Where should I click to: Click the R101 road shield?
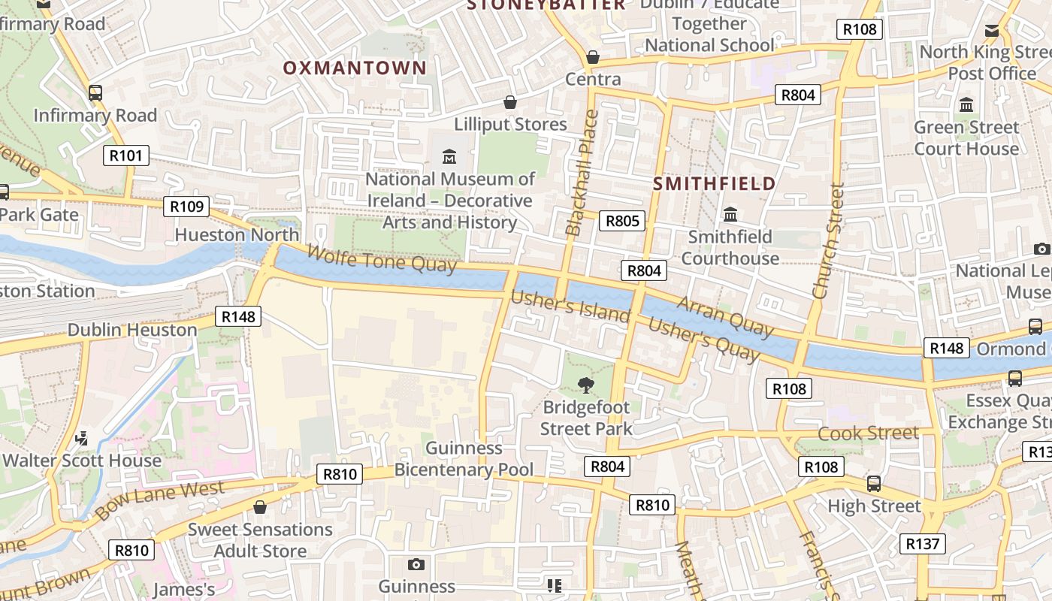(125, 156)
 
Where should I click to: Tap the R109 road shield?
(186, 207)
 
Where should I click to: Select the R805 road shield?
(622, 220)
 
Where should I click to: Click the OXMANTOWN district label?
(355, 68)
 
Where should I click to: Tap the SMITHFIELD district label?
(714, 183)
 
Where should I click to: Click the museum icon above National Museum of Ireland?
(449, 156)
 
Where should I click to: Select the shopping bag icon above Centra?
(593, 57)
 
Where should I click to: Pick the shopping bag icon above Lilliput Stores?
(510, 102)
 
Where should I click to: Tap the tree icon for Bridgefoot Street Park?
(585, 385)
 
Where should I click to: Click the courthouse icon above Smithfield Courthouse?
(730, 215)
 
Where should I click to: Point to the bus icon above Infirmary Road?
(95, 93)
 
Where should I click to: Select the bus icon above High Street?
(873, 484)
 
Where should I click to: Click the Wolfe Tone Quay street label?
(382, 256)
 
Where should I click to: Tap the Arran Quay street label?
(724, 316)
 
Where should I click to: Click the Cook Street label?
(868, 433)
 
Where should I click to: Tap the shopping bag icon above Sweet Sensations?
(260, 508)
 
